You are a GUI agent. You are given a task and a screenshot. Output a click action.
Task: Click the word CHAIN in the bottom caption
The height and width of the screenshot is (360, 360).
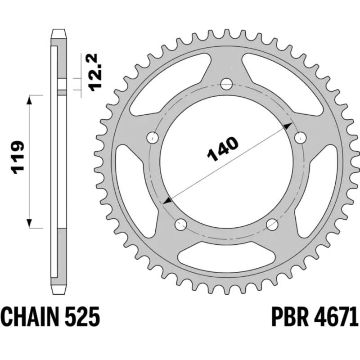pyautogui.click(x=33, y=318)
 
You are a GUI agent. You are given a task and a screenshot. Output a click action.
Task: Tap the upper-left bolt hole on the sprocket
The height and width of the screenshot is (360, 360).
pyautogui.click(x=153, y=137)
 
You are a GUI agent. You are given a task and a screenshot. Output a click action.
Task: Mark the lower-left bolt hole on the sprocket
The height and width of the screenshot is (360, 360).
pyautogui.click(x=181, y=223)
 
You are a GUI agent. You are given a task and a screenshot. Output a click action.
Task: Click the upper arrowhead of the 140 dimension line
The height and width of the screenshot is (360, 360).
pyautogui.click(x=287, y=128)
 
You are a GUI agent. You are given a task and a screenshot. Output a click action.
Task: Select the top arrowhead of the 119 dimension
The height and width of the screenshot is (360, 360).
pyautogui.click(x=30, y=100)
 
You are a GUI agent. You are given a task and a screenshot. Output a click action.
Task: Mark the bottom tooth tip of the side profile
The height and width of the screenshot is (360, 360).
pyautogui.click(x=58, y=290)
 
